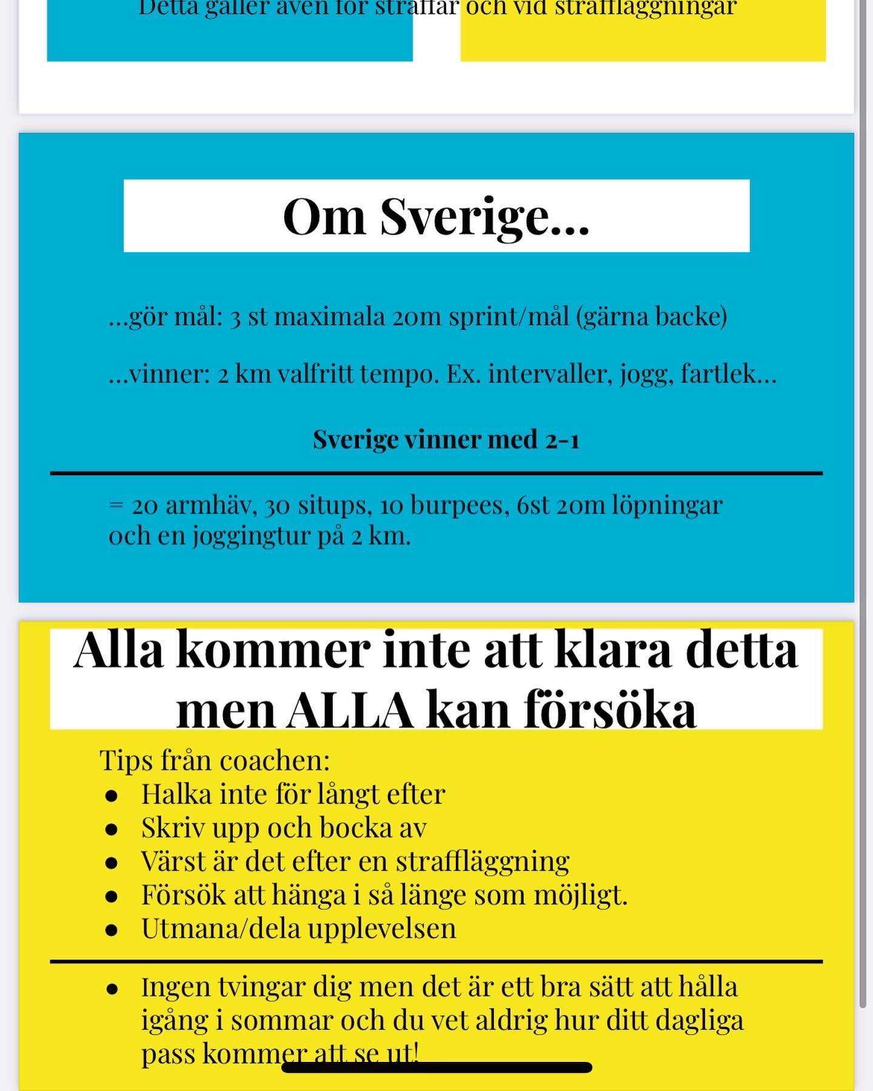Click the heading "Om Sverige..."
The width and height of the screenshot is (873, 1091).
pos(436,216)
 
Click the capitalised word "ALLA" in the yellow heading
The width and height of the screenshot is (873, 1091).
pos(350,710)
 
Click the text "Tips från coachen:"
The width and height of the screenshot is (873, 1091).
pos(215,761)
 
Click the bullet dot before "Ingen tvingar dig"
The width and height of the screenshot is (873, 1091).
pos(111,989)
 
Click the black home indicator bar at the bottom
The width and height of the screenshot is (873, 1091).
pos(436,1067)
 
